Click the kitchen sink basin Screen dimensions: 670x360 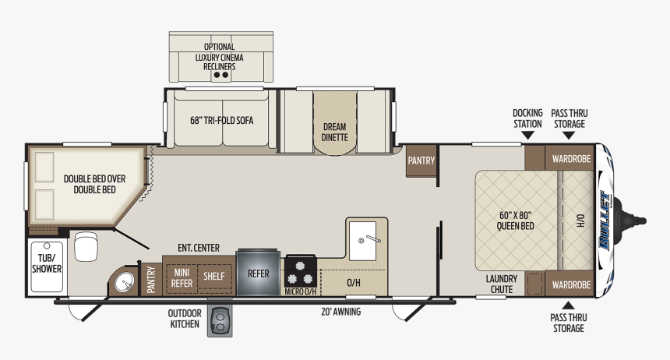click(x=363, y=241)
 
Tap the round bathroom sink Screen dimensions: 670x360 click(x=125, y=282)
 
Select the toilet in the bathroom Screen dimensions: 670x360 click(x=86, y=246)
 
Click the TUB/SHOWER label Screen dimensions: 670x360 click(x=47, y=263)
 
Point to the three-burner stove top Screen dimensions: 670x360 click(x=301, y=272)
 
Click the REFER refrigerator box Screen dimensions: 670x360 click(x=258, y=273)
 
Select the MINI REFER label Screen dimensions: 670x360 click(x=182, y=278)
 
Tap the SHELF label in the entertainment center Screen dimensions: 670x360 click(x=213, y=276)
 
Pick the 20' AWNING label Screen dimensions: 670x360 click(x=340, y=312)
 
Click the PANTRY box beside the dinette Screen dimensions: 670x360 click(x=421, y=161)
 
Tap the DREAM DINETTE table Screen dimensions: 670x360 click(x=334, y=123)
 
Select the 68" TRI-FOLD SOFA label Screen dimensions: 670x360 click(x=222, y=121)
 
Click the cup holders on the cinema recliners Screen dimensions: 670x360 click(x=221, y=75)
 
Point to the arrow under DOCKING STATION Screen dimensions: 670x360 click(x=527, y=135)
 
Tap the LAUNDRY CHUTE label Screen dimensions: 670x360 click(x=501, y=284)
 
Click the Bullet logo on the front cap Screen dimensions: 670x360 click(x=605, y=221)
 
